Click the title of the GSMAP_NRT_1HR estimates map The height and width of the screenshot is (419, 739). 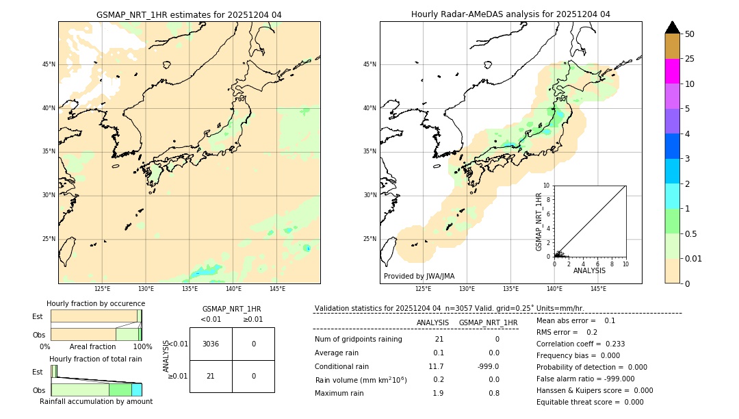tap(189, 14)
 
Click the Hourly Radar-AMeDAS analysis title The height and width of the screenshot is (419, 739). tap(510, 14)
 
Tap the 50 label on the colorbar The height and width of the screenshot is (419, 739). tap(690, 34)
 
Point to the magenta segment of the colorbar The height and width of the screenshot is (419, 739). tap(672, 71)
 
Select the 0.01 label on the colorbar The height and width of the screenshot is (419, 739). tap(694, 258)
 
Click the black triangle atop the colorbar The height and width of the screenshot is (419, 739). tap(672, 27)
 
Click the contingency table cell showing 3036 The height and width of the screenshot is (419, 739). tap(211, 344)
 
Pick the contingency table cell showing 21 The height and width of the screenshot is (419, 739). tap(211, 376)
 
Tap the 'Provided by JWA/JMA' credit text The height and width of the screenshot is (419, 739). tap(419, 276)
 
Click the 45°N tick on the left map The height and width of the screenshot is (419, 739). tap(49, 64)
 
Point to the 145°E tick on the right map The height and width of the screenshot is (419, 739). tap(598, 289)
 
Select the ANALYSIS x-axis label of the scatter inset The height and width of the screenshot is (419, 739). tap(589, 270)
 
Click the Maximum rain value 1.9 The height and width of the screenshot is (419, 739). tap(438, 393)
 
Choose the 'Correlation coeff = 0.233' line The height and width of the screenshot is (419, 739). tap(580, 344)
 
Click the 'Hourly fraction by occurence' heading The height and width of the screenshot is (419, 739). tap(96, 303)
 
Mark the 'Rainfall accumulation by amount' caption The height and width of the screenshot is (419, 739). tap(96, 401)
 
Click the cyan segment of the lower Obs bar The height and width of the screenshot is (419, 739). tap(136, 390)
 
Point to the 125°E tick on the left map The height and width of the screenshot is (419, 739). tap(103, 289)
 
